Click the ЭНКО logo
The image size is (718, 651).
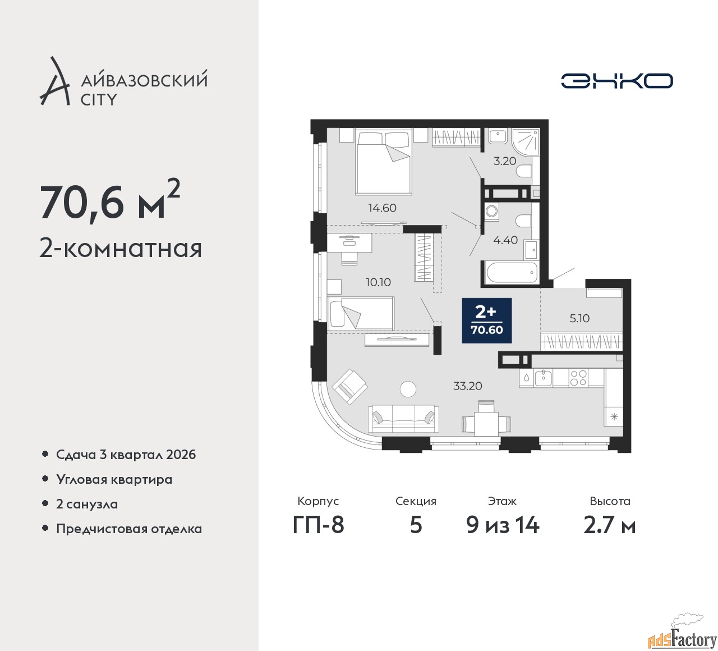pos(616,81)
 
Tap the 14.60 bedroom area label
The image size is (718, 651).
pos(382,208)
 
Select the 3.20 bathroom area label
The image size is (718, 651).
pos(504,161)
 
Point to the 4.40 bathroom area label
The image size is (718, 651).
pos(505,240)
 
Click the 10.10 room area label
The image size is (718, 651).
pos(378,282)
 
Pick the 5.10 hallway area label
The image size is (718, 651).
pos(579,318)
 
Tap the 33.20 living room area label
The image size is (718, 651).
pos(467,386)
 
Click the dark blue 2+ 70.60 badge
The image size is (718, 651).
pos(486,320)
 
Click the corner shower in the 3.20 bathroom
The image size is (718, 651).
pos(525,143)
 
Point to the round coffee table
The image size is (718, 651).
pos(408,388)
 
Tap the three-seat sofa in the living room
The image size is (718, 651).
pos(403,419)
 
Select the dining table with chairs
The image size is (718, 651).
pos(486,419)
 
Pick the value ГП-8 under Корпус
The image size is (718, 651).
pos(318,526)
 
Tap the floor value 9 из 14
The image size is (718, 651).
pos(503,526)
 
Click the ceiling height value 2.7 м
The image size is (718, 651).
pos(609,526)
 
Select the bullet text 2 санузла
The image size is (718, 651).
pos(87,504)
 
